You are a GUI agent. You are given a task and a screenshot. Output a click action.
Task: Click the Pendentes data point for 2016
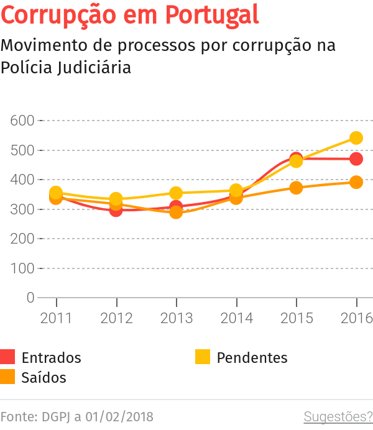click(356, 138)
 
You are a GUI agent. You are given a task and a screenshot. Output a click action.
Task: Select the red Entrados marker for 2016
click(356, 159)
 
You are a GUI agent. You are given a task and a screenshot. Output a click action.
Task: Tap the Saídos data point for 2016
click(356, 182)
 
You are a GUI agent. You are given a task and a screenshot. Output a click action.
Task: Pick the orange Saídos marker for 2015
click(296, 188)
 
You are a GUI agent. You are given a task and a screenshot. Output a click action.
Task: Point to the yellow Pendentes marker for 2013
click(176, 193)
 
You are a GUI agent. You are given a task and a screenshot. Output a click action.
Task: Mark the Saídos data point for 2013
click(176, 213)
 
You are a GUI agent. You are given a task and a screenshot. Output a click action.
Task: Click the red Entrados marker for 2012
click(116, 210)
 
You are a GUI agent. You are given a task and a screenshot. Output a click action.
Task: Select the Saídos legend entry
click(44, 377)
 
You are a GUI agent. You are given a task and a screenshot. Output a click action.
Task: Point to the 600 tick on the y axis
click(22, 121)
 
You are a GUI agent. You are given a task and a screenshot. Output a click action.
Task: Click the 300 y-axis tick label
click(22, 209)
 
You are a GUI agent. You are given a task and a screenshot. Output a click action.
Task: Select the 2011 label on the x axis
click(56, 318)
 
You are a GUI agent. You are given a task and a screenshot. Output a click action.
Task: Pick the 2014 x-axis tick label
click(236, 318)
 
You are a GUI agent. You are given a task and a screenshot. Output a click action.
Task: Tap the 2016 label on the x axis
click(356, 318)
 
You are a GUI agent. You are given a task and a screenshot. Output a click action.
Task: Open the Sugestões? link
click(338, 416)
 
